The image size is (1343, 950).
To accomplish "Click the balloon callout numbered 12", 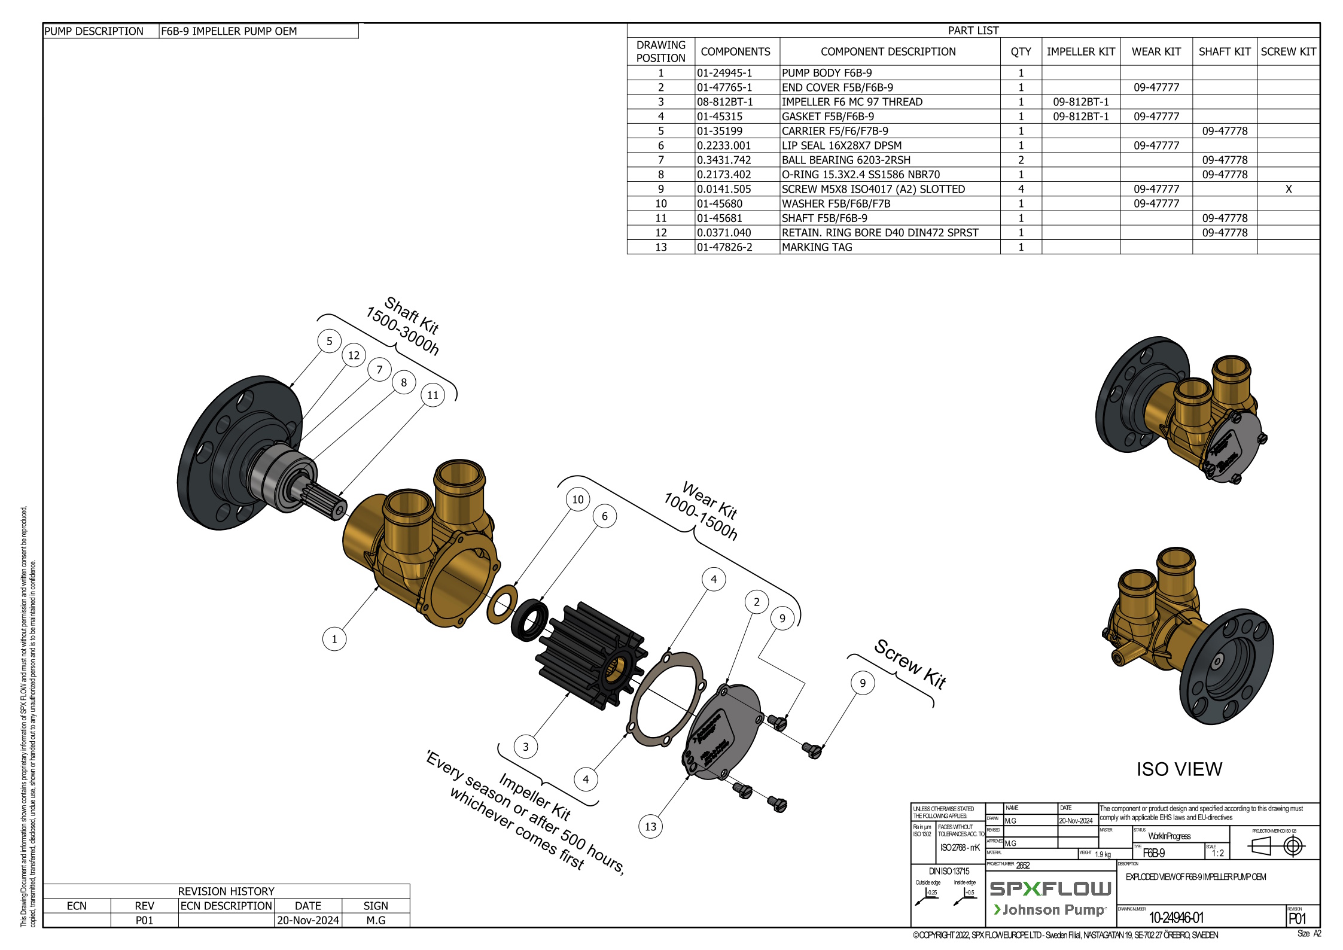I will click(354, 355).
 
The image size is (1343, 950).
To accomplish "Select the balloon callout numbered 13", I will click(650, 827).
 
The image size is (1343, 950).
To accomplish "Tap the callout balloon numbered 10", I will click(577, 500).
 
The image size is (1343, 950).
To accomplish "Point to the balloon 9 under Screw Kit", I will click(862, 683).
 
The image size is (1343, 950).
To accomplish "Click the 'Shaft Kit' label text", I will click(412, 315).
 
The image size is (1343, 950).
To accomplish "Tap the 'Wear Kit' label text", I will click(709, 501).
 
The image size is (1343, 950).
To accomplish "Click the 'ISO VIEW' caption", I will click(1179, 769).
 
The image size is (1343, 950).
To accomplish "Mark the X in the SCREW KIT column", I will click(1289, 189).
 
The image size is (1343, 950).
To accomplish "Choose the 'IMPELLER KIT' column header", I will click(1080, 51).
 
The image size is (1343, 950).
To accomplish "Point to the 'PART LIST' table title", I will click(973, 31).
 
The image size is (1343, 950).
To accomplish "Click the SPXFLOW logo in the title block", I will click(1050, 888).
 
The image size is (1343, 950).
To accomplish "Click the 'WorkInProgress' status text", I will click(1169, 836).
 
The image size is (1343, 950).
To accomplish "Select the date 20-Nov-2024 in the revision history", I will click(307, 920).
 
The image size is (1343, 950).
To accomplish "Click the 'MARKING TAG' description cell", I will click(817, 247).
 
